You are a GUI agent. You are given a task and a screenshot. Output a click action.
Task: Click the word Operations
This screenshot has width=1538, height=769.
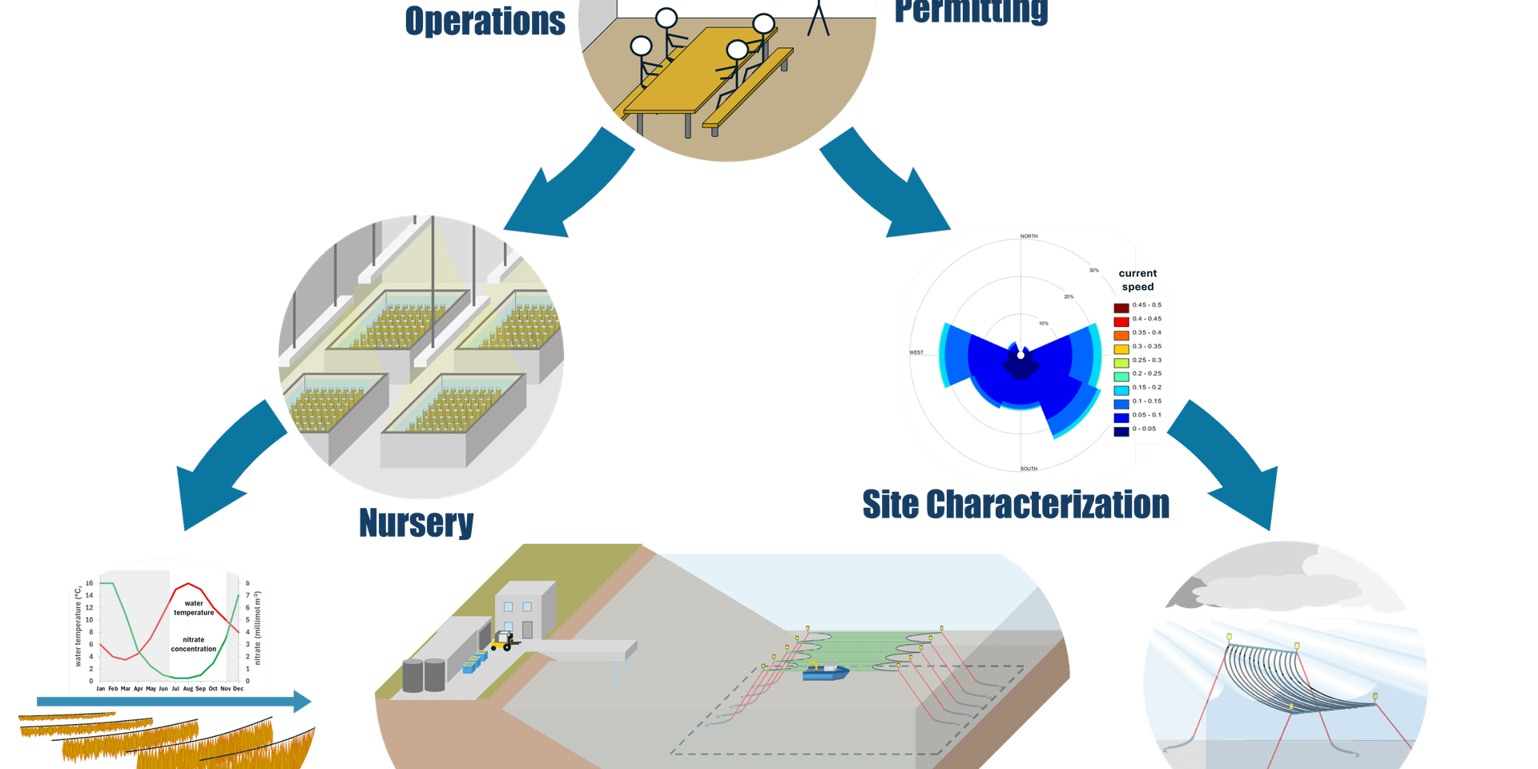tap(485, 20)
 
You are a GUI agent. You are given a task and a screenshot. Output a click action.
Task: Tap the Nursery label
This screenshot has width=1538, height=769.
tap(416, 522)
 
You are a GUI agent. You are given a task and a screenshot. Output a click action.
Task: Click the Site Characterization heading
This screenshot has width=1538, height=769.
tap(1015, 505)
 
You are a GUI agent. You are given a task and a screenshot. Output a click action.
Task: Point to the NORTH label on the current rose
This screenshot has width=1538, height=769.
tap(1029, 236)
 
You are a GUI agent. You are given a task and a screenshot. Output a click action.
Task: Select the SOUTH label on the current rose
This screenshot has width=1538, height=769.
tap(1029, 469)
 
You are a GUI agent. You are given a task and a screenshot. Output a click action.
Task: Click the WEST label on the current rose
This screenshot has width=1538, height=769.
tap(916, 352)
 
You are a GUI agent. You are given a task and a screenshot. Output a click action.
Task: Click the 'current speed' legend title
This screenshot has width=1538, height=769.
tap(1137, 280)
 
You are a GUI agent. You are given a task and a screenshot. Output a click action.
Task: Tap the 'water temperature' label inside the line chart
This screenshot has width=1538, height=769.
tap(194, 608)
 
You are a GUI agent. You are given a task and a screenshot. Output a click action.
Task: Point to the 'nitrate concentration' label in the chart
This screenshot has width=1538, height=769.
tap(193, 644)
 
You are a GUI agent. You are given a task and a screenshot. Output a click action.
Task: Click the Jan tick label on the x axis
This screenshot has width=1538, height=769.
tap(100, 689)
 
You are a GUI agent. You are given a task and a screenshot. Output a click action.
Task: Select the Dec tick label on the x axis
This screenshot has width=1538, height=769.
tap(238, 689)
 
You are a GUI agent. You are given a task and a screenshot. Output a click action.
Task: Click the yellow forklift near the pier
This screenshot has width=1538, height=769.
tap(503, 641)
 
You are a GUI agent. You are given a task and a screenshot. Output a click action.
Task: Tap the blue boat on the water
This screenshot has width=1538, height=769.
tap(825, 673)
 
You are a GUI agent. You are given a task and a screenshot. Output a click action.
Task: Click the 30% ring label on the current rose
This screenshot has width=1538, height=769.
tap(1093, 271)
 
